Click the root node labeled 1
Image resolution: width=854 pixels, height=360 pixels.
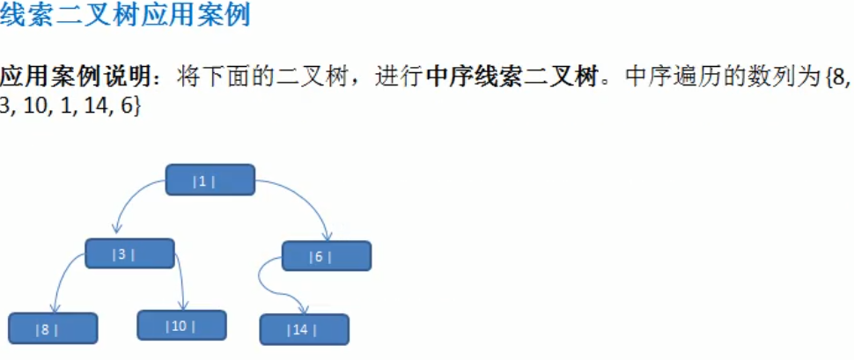coord(210,180)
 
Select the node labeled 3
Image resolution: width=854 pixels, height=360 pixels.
coord(129,254)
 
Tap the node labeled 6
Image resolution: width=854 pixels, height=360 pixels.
coord(326,256)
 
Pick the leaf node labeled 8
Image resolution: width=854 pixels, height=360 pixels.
coord(52,328)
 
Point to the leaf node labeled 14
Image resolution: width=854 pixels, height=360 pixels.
coord(304,329)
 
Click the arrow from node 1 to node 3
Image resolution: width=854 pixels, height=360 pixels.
coord(132,199)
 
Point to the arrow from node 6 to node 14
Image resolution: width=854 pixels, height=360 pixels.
coord(269,286)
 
